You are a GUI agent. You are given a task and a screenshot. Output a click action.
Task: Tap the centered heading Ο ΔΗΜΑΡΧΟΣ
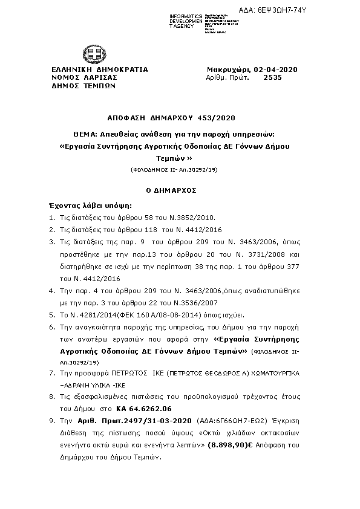point(180,190)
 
